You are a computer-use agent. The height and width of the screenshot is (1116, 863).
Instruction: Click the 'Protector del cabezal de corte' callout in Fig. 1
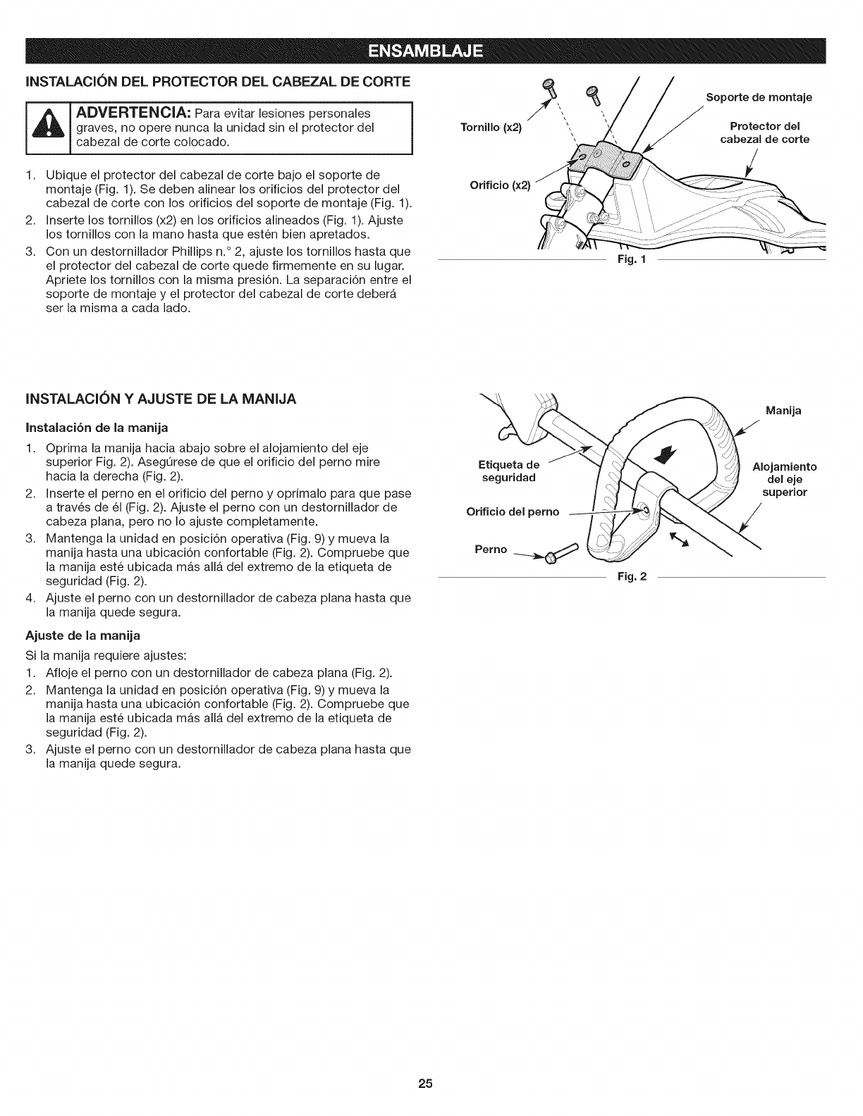click(764, 132)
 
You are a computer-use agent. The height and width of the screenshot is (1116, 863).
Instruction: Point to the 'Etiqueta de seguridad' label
click(508, 471)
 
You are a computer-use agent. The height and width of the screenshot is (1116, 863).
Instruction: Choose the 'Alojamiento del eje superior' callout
click(785, 479)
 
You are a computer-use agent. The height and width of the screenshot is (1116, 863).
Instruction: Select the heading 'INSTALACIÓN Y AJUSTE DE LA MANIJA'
click(161, 399)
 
